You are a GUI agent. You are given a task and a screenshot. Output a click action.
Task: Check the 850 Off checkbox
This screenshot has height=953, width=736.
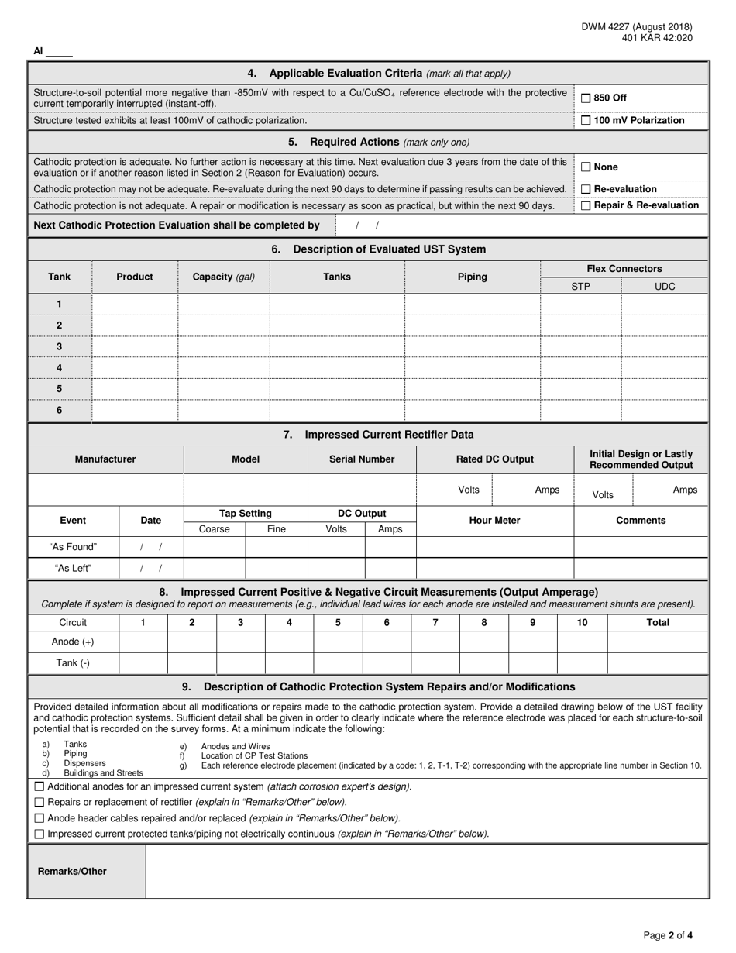pyautogui.click(x=586, y=98)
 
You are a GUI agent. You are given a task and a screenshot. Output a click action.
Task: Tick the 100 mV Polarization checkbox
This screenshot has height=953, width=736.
pyautogui.click(x=586, y=121)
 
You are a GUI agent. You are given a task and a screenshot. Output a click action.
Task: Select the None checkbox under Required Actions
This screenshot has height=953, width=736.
pyautogui.click(x=586, y=167)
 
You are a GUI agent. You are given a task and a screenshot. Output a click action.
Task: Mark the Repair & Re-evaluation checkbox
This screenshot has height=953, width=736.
pyautogui.click(x=586, y=206)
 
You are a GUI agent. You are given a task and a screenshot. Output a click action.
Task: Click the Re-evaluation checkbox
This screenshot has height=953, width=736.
pyautogui.click(x=586, y=190)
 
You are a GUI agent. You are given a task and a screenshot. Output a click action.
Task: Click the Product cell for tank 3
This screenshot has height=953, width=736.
pyautogui.click(x=135, y=346)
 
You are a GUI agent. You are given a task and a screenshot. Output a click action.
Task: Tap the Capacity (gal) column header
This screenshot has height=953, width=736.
pyautogui.click(x=223, y=277)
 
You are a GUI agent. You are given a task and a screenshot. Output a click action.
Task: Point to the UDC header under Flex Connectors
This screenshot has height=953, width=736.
pyautogui.click(x=665, y=287)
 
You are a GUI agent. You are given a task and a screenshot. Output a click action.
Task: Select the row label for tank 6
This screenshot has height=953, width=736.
pyautogui.click(x=60, y=410)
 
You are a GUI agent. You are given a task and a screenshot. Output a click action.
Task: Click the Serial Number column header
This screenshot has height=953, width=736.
pyautogui.click(x=362, y=459)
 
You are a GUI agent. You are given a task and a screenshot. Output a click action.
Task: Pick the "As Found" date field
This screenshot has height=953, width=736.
pyautogui.click(x=151, y=547)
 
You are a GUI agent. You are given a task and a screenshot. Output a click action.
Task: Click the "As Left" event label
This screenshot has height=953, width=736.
pyautogui.click(x=73, y=568)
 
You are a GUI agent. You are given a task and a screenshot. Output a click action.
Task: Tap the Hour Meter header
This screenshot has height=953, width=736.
pyautogui.click(x=495, y=521)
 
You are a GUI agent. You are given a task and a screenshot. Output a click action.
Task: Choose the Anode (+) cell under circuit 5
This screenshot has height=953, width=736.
pyautogui.click(x=338, y=642)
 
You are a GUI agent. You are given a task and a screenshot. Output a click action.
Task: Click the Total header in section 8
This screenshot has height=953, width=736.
pyautogui.click(x=658, y=622)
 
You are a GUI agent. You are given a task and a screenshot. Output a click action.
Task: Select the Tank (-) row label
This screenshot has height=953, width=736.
pyautogui.click(x=73, y=663)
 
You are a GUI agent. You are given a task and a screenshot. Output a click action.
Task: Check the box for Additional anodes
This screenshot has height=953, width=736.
pyautogui.click(x=40, y=786)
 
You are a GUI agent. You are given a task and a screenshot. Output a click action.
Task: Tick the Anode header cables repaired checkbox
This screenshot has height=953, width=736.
pyautogui.click(x=40, y=818)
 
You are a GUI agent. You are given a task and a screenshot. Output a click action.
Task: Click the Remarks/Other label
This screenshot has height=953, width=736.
pyautogui.click(x=72, y=871)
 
